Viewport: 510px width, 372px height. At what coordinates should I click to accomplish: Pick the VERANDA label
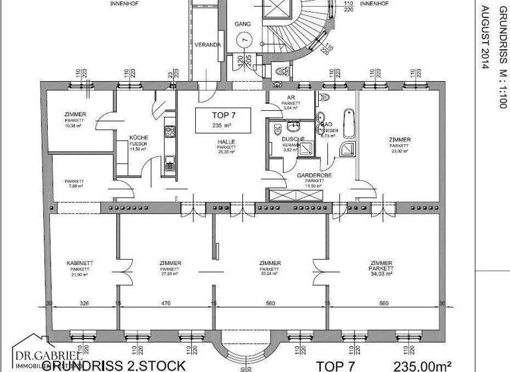(207, 45)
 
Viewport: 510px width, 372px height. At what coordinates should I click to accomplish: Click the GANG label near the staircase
(242, 23)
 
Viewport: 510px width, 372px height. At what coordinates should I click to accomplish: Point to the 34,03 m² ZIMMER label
(381, 268)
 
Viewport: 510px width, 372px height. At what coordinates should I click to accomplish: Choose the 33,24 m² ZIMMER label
(270, 268)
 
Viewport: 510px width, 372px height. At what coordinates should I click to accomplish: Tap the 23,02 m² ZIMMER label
(400, 143)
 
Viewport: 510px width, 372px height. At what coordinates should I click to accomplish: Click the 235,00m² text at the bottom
(423, 365)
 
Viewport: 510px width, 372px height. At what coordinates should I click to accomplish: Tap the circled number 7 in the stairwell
(246, 39)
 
